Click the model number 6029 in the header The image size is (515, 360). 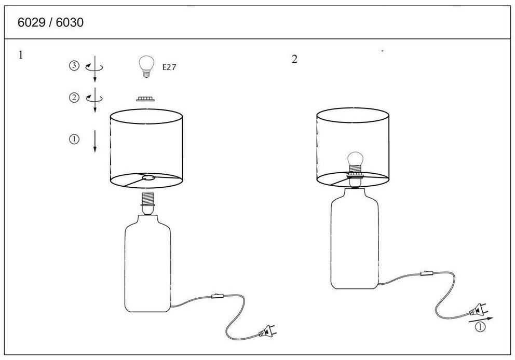(x=31, y=22)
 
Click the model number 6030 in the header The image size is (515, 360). (x=70, y=22)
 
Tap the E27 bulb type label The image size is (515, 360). (x=169, y=67)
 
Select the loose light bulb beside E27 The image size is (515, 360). (x=146, y=66)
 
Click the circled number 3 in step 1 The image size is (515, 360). (x=74, y=66)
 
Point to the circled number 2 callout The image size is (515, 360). (x=74, y=98)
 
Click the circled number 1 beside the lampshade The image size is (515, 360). (x=74, y=139)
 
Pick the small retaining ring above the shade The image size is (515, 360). (x=145, y=99)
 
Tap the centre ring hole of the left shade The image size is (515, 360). (x=148, y=178)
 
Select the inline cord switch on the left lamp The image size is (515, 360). (x=218, y=296)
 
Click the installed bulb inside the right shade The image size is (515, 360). (x=356, y=162)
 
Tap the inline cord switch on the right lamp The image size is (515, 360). (x=427, y=273)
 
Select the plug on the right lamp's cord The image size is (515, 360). (x=478, y=309)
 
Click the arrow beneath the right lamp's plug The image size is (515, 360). (x=481, y=320)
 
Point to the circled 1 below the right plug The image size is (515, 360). (x=480, y=327)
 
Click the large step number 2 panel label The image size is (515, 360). (x=294, y=60)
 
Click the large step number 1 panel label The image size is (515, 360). (x=21, y=55)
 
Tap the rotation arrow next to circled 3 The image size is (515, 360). (x=94, y=67)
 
